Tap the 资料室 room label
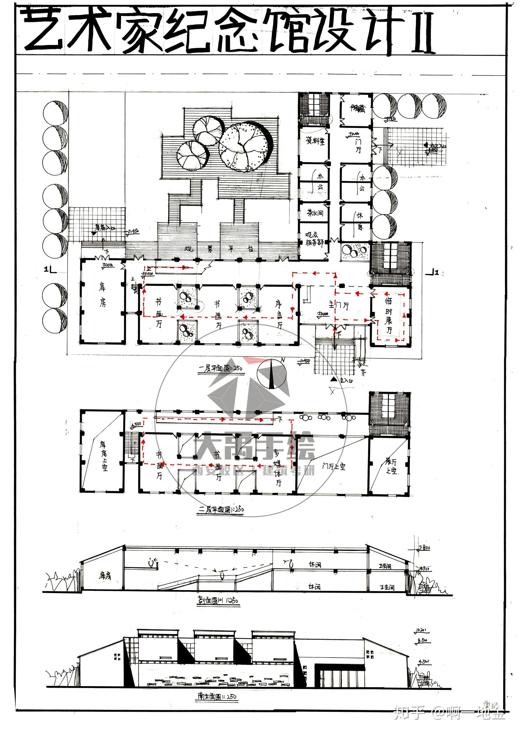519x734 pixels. coord(315,141)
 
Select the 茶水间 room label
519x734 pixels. coord(315,213)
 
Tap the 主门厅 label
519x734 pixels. coord(339,305)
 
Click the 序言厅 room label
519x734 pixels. coord(279,315)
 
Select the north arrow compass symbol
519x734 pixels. coord(272,374)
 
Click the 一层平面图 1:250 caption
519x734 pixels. coord(221,368)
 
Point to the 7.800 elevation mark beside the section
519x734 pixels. coord(424,548)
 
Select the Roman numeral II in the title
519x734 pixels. coord(423,32)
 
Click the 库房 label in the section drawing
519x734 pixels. coord(105,576)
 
